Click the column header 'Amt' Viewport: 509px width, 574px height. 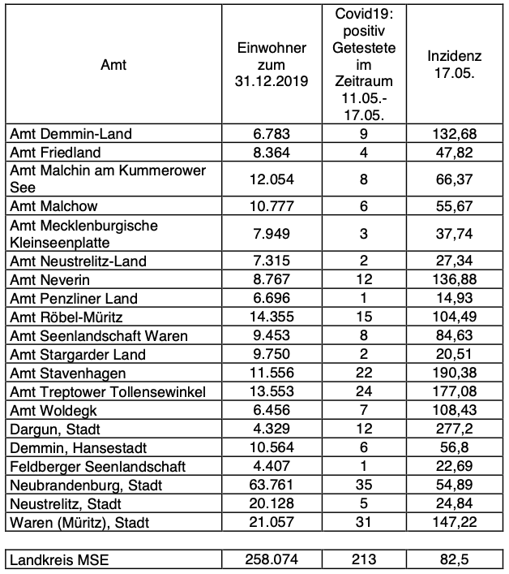[x=113, y=65]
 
